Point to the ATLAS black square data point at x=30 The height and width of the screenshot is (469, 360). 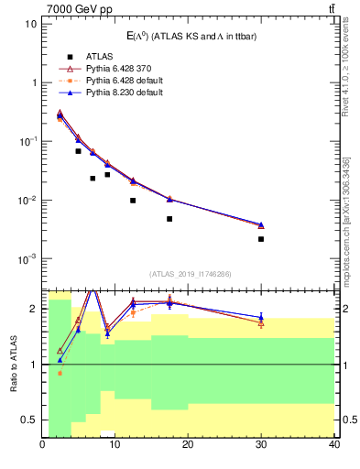pyautogui.click(x=261, y=239)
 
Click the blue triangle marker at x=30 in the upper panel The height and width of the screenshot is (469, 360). pyautogui.click(x=261, y=224)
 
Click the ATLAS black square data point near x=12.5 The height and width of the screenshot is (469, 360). pyautogui.click(x=133, y=201)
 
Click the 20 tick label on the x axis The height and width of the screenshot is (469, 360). pyautogui.click(x=188, y=445)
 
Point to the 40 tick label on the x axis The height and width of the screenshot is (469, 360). pyautogui.click(x=333, y=445)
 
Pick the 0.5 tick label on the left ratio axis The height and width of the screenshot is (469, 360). pyautogui.click(x=28, y=420)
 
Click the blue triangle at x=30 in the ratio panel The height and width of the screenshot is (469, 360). pyautogui.click(x=261, y=317)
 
